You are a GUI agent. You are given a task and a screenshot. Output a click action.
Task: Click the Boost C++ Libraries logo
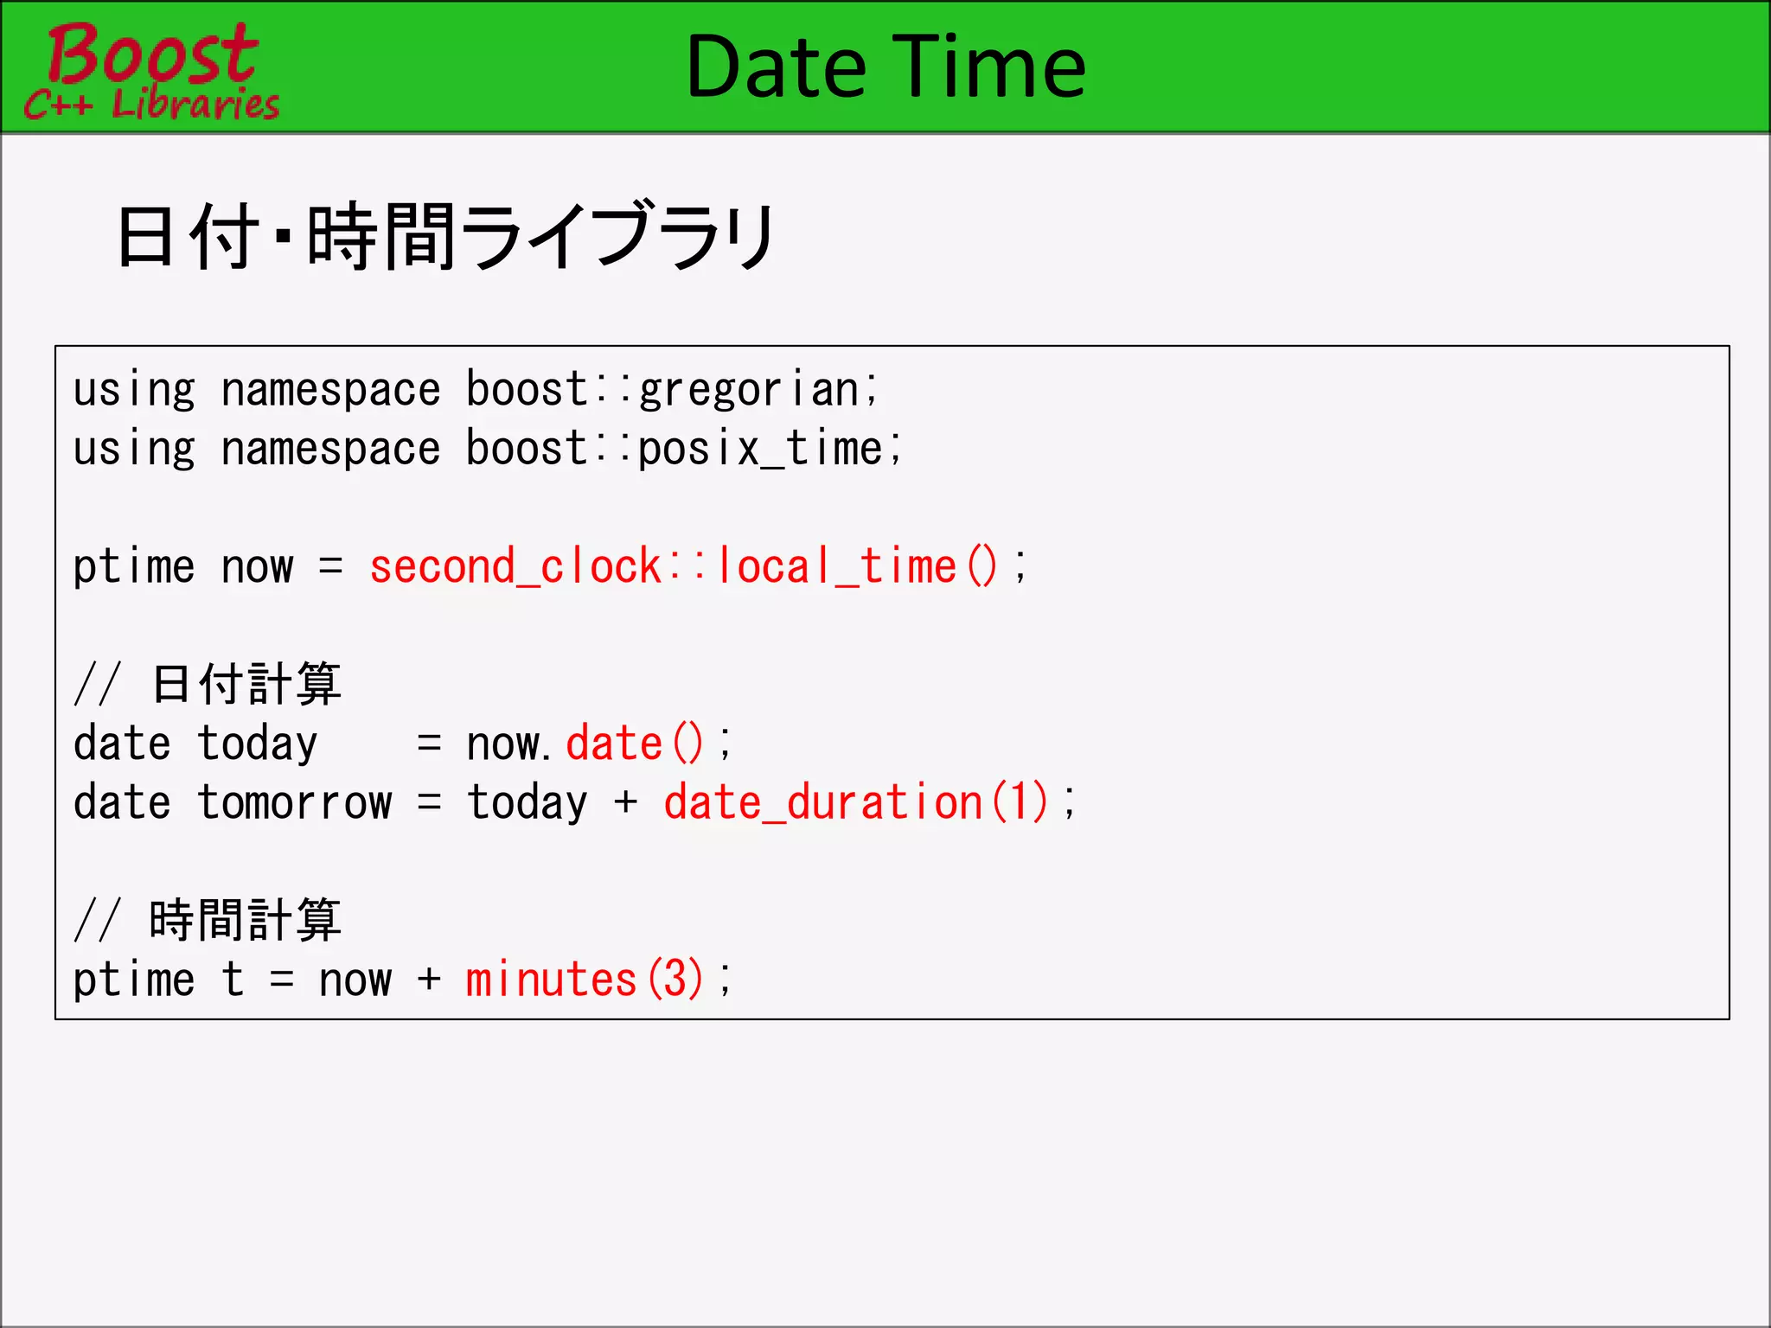tap(151, 71)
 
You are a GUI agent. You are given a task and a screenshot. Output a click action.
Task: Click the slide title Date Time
tap(885, 67)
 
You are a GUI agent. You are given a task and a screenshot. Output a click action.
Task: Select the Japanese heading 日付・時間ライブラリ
tap(445, 236)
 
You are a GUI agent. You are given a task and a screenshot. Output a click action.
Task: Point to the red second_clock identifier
tap(515, 567)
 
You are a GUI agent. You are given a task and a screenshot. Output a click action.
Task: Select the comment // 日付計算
tap(208, 684)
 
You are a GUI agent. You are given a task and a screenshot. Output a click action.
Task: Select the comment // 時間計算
tap(208, 920)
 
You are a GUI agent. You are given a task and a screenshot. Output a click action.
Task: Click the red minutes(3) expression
tap(585, 980)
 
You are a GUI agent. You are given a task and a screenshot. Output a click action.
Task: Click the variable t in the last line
tap(233, 980)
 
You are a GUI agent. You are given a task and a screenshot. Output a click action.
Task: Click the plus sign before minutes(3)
tap(429, 980)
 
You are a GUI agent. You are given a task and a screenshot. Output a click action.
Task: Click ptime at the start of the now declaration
tap(134, 567)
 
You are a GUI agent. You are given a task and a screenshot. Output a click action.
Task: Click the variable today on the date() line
tap(257, 744)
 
